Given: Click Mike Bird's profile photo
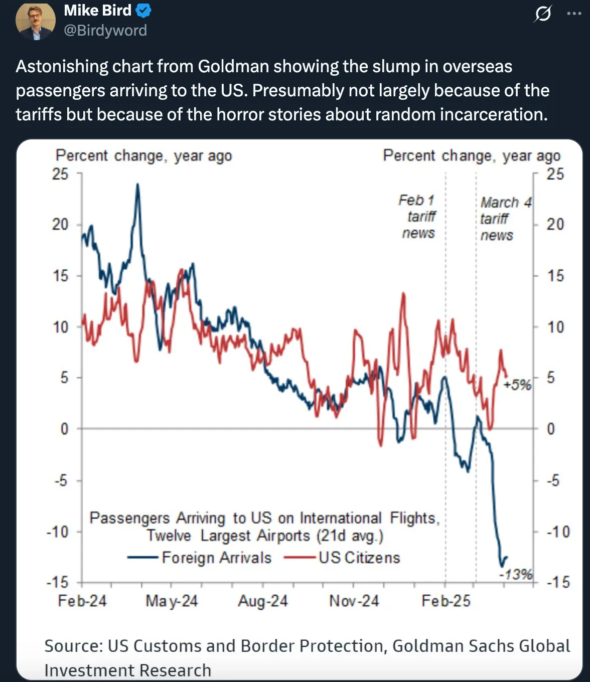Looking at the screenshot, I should pyautogui.click(x=35, y=21).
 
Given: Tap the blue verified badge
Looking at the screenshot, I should pyautogui.click(x=143, y=11).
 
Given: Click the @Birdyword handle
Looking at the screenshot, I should pyautogui.click(x=105, y=31).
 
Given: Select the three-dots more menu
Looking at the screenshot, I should pyautogui.click(x=574, y=14).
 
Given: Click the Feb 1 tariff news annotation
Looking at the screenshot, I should pyautogui.click(x=418, y=217).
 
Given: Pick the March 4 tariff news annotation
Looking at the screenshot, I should pyautogui.click(x=504, y=219).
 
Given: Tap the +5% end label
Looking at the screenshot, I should pyautogui.click(x=517, y=385).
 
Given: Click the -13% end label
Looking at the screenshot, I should pyautogui.click(x=516, y=574).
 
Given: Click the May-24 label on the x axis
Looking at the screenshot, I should pyautogui.click(x=172, y=601).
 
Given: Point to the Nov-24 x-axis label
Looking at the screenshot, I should pyautogui.click(x=354, y=601).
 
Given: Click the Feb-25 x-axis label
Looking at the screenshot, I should pyautogui.click(x=446, y=601).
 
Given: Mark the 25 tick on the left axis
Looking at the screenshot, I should pyautogui.click(x=60, y=174).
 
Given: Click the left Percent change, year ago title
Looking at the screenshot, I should pyautogui.click(x=143, y=156).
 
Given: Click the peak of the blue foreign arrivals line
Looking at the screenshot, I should pyautogui.click(x=137, y=185).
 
